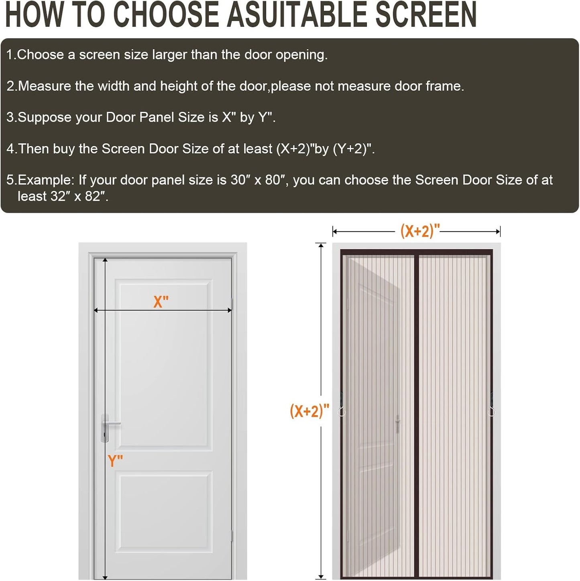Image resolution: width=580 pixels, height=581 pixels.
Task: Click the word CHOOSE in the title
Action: [x=166, y=15]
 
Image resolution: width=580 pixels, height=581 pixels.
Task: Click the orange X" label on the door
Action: [x=161, y=301]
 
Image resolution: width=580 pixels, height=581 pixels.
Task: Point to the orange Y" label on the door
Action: [x=115, y=461]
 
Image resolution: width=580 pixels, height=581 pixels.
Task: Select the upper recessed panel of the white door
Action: [x=163, y=365]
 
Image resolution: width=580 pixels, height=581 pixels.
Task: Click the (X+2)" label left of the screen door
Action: [x=309, y=410]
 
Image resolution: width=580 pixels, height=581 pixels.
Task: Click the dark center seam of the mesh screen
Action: [x=416, y=416]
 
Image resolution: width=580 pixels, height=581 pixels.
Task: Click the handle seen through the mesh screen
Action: [x=398, y=424]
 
